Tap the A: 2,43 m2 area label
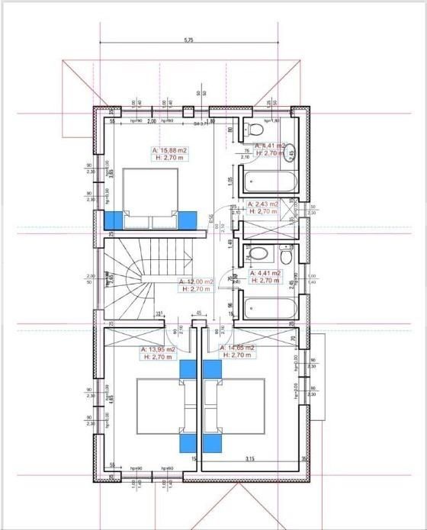(x=265, y=204)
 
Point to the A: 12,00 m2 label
(x=194, y=281)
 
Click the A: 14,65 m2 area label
(x=236, y=348)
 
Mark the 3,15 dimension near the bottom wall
(x=249, y=459)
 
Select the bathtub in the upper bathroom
(x=268, y=183)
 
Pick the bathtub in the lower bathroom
(x=268, y=309)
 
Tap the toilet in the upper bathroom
(x=251, y=128)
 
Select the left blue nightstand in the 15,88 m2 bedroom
(x=114, y=220)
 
